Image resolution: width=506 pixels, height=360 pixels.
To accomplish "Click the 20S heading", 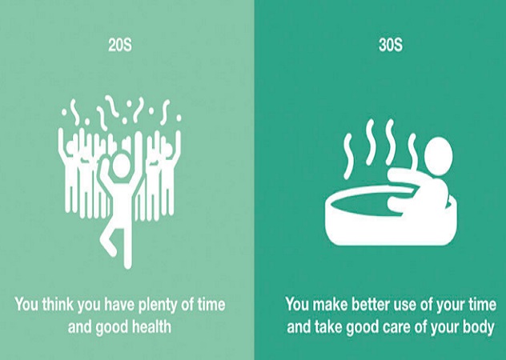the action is [x=120, y=45].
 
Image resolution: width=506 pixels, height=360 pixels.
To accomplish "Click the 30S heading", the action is [x=391, y=45].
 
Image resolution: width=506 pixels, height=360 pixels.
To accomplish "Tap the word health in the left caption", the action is [x=151, y=327].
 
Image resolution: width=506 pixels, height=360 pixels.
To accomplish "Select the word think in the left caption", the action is [x=58, y=304].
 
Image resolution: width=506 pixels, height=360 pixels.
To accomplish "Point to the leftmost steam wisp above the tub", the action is [x=347, y=156].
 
